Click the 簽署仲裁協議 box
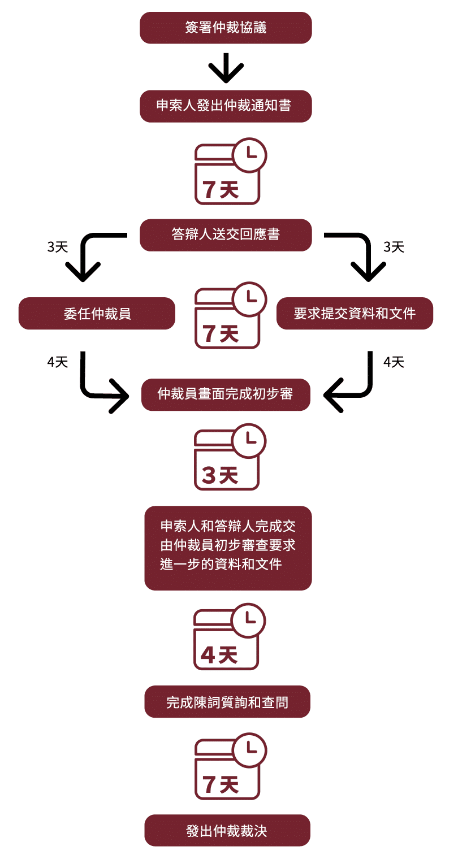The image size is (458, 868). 226,28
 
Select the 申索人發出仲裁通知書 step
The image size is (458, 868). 226,106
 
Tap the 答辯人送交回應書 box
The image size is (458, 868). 226,235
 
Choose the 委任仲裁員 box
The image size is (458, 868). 97,313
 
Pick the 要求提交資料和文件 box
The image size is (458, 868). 355,313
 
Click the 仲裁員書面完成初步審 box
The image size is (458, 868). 226,394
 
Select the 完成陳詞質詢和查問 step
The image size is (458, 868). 227,702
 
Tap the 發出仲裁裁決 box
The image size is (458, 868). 227,830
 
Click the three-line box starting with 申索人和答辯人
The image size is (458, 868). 228,548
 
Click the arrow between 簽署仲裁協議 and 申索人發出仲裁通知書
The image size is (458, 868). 226,68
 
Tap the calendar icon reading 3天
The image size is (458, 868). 227,461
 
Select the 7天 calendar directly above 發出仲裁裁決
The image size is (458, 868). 227,769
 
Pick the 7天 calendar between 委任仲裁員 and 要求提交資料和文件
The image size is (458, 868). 227,319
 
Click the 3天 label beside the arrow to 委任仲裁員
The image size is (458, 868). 57,247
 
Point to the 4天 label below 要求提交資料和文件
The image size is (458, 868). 394,362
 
